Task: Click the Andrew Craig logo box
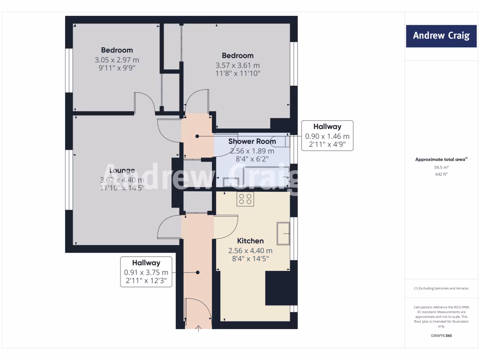tap(441, 36)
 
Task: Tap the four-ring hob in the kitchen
tap(246, 199)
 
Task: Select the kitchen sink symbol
tap(283, 233)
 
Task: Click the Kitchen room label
tap(250, 240)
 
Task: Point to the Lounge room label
tap(122, 171)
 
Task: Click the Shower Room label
tap(252, 141)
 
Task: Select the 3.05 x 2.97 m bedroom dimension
tap(117, 60)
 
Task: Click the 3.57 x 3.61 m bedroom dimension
tap(238, 66)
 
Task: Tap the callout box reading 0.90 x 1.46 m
tap(327, 135)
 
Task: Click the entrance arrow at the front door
tap(198, 328)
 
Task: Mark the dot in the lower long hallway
tap(198, 272)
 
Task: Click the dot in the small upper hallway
tap(197, 136)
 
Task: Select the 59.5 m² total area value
tap(441, 167)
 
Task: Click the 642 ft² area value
tap(441, 174)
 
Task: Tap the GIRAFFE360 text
tap(441, 336)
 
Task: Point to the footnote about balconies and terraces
tap(441, 288)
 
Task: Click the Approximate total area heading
tap(441, 159)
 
